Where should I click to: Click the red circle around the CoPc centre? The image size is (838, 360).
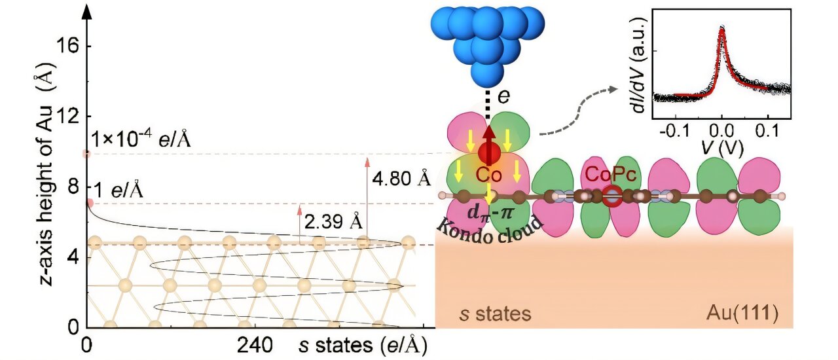click(x=613, y=195)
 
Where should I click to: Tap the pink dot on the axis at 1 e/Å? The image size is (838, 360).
click(x=90, y=203)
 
